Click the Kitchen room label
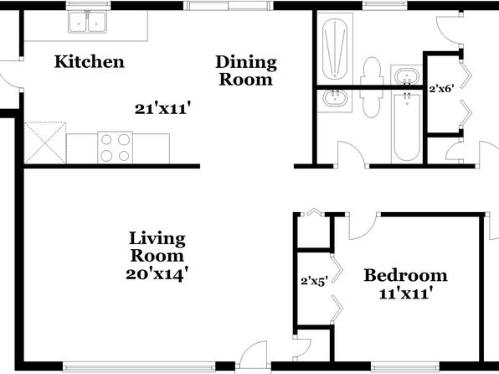[x=89, y=61]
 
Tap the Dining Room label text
[x=246, y=70]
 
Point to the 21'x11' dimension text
[x=163, y=109]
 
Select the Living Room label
[x=157, y=247]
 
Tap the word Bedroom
[x=405, y=276]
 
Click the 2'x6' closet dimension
[x=440, y=89]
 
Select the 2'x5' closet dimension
[x=314, y=282]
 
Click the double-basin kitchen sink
[x=87, y=22]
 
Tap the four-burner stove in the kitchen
[x=116, y=148]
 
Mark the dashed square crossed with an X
[x=45, y=143]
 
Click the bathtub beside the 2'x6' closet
[x=406, y=127]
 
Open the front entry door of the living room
[x=254, y=355]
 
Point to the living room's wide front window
[x=139, y=366]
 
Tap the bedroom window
[x=404, y=366]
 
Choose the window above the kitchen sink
[x=89, y=5]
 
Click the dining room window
[x=229, y=5]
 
